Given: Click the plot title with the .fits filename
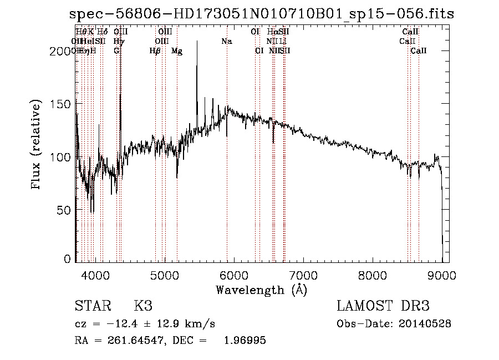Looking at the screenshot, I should pyautogui.click(x=262, y=14).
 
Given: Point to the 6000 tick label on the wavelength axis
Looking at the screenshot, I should pyautogui.click(x=234, y=275).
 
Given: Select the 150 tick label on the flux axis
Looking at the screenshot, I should pyautogui.click(x=62, y=104).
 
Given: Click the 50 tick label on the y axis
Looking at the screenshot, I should pyautogui.click(x=65, y=210).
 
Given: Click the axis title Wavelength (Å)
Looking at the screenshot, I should pyautogui.click(x=261, y=290).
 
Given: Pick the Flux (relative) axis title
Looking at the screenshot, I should pyautogui.click(x=37, y=145).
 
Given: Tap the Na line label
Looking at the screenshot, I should pyautogui.click(x=226, y=41).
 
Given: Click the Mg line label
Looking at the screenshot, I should pyautogui.click(x=177, y=51).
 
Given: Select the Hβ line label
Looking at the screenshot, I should pyautogui.click(x=155, y=51).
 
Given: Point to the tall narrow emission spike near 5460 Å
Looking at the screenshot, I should pyautogui.click(x=197, y=61).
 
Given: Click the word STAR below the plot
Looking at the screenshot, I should pyautogui.click(x=91, y=306).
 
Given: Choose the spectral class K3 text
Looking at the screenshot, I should pyautogui.click(x=143, y=306).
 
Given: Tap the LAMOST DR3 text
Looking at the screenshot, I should pyautogui.click(x=383, y=306).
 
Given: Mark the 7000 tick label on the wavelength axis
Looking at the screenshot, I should pyautogui.click(x=303, y=275).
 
